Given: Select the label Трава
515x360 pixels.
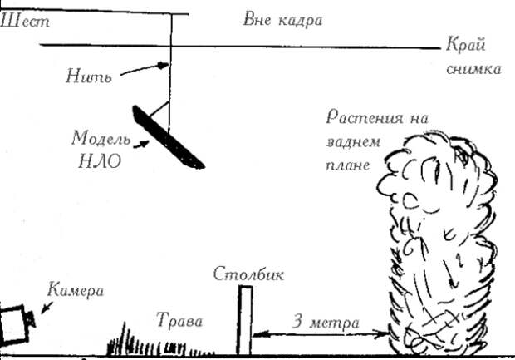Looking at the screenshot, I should tap(180, 320).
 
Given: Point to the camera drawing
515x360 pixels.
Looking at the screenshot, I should tap(16, 324).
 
